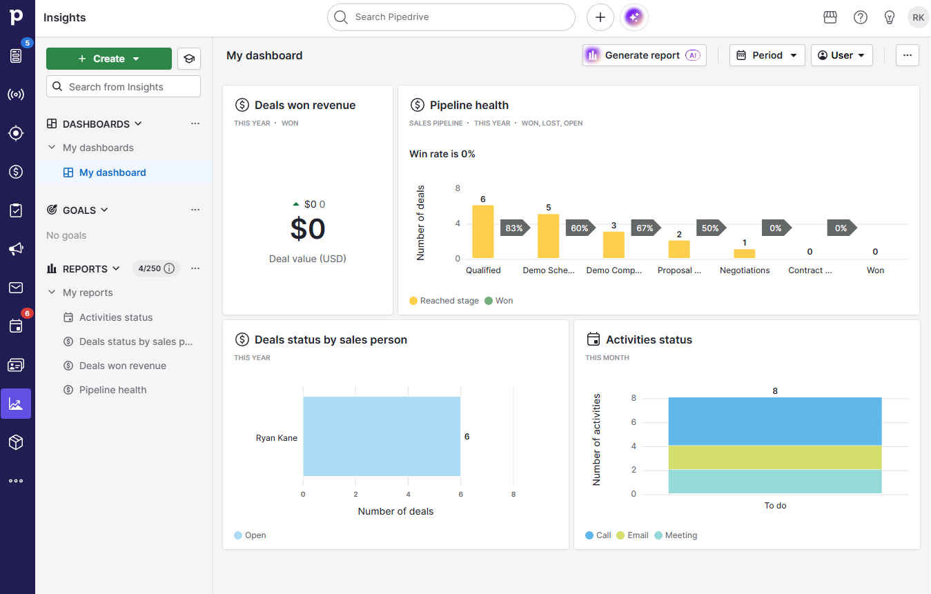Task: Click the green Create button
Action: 108,59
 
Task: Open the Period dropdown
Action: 767,55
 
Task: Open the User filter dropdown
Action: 841,55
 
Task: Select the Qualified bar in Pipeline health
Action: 483,232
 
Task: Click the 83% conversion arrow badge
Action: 514,228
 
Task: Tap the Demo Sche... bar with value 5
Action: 548,236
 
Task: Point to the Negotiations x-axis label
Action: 745,270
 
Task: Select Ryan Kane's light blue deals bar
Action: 382,436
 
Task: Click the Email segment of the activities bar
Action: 774,457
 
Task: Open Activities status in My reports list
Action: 116,317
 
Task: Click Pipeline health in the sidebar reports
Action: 112,390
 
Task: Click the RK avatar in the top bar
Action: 918,17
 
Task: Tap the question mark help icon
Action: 861,17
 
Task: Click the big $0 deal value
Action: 308,228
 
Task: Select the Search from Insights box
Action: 124,87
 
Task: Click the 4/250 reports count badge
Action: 156,268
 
